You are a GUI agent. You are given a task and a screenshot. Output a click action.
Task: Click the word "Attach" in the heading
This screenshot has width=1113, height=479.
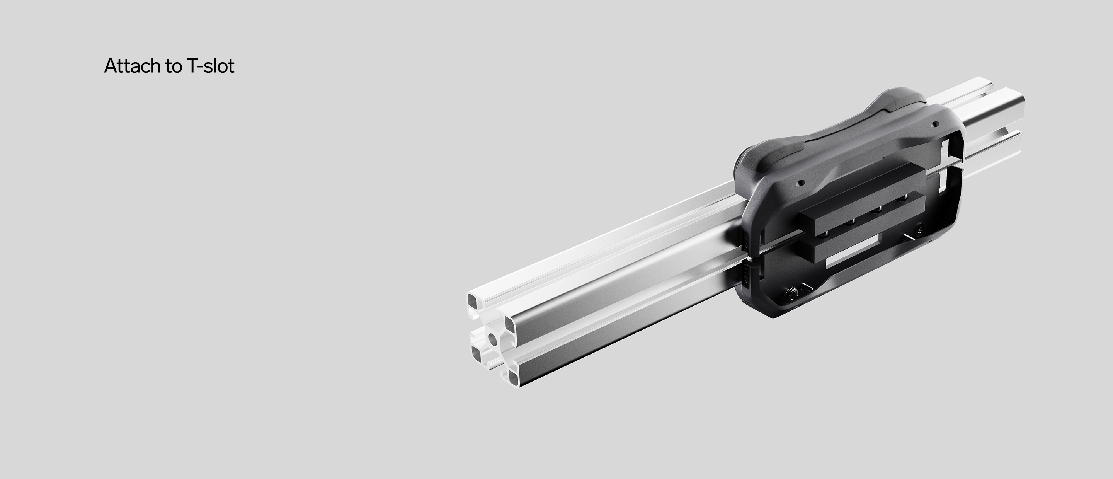(x=132, y=66)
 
